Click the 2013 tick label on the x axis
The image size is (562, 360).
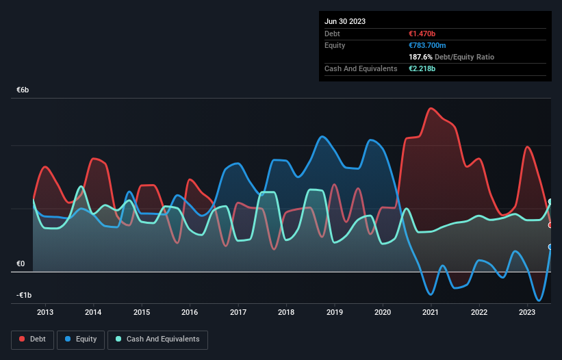[x=45, y=313]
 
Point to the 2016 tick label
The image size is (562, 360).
[x=190, y=313]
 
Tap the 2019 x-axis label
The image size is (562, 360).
[x=334, y=313]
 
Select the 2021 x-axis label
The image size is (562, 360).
[x=431, y=313]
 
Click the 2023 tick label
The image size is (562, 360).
[x=527, y=313]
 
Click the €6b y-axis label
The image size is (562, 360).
[x=23, y=90]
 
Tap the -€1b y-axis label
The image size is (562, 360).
[x=24, y=296]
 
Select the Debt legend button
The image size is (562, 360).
[x=33, y=339]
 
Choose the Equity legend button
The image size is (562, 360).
[x=81, y=339]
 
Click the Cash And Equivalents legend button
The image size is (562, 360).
[x=157, y=339]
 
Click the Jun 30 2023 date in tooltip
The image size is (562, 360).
[x=345, y=21]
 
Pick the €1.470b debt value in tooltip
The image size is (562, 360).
[x=422, y=34]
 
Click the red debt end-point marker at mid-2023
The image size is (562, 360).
[x=550, y=225]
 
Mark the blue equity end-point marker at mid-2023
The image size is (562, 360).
[x=550, y=247]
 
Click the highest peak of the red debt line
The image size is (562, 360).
[x=431, y=108]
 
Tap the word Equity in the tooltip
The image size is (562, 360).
[x=335, y=45]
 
